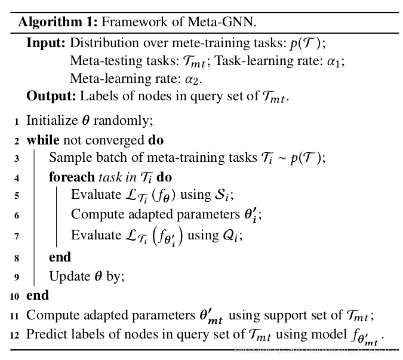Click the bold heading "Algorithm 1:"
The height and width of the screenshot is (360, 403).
click(x=58, y=23)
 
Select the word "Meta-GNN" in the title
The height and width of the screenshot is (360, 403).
click(x=229, y=23)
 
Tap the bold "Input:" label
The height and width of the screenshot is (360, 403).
click(x=47, y=43)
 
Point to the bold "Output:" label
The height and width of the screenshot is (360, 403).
click(x=51, y=96)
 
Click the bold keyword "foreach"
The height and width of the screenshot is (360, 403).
click(x=72, y=177)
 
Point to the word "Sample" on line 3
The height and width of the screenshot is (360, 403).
click(x=68, y=158)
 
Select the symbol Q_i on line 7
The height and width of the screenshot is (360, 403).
click(x=233, y=235)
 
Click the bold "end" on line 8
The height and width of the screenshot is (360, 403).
click(x=60, y=257)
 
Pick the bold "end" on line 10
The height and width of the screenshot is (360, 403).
click(x=37, y=295)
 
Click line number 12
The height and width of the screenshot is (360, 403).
click(x=15, y=334)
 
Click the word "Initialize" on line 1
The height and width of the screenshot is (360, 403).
click(x=51, y=121)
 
